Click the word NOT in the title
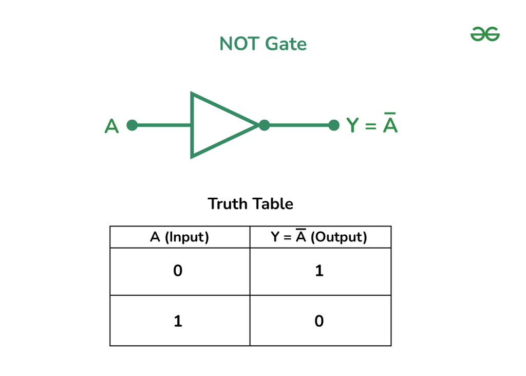coord(238,44)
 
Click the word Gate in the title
coord(287,44)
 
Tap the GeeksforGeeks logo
coord(485,34)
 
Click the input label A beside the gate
coord(111,126)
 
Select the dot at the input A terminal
coord(132,125)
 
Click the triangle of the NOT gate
coord(216,125)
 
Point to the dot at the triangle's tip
coord(264,125)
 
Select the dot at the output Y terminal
coord(334,125)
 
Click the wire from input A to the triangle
coord(162,125)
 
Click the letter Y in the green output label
coord(352,125)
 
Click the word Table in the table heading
coord(273,204)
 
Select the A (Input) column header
coord(180,238)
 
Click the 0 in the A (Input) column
coord(178,271)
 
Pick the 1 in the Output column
coord(319,271)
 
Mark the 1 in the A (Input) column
coord(178,322)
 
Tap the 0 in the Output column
coord(319,322)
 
